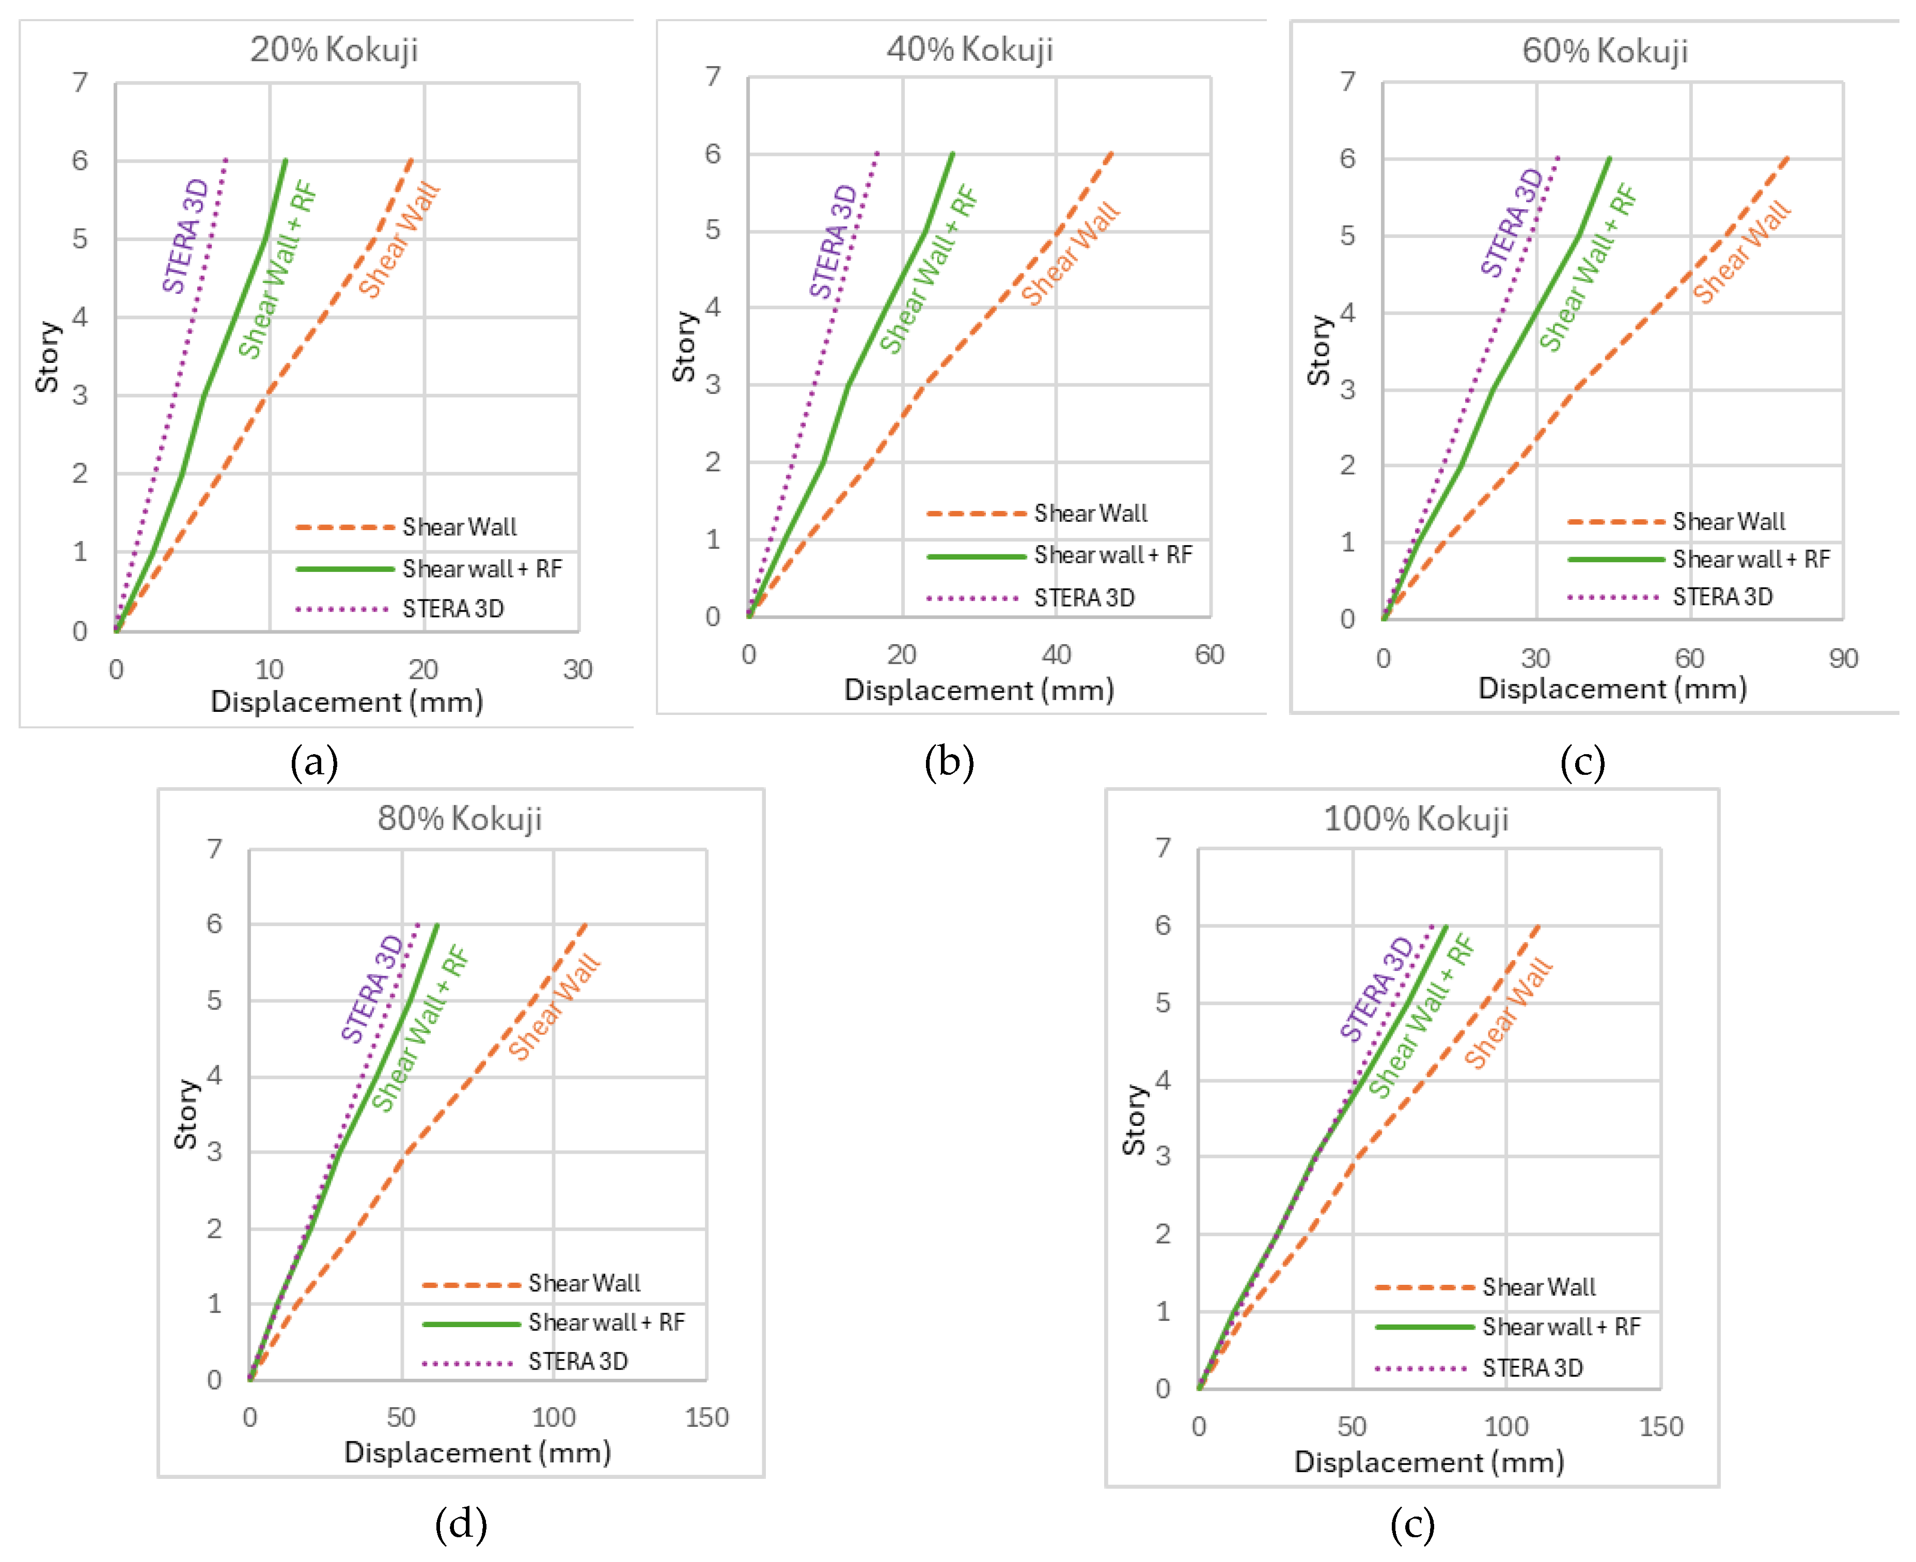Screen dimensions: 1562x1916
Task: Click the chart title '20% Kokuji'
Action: pos(334,50)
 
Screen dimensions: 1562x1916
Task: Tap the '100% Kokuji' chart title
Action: pos(1416,819)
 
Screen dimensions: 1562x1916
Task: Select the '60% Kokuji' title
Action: pos(1605,51)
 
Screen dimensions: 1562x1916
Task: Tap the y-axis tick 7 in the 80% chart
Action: pos(214,849)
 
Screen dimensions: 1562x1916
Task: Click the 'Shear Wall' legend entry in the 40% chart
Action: pos(1090,513)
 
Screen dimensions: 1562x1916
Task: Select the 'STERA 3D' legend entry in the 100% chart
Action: pos(1532,1367)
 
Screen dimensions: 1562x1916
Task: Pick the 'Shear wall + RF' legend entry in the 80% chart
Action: pos(606,1322)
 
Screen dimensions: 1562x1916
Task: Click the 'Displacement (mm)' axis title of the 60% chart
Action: pos(1612,688)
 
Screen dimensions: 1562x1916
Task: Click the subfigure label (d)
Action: pos(461,1523)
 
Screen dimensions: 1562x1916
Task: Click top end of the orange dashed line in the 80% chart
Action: pos(586,924)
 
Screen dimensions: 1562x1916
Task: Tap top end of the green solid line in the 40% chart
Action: pos(952,154)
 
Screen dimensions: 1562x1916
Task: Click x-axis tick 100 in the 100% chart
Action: pos(1505,1426)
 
